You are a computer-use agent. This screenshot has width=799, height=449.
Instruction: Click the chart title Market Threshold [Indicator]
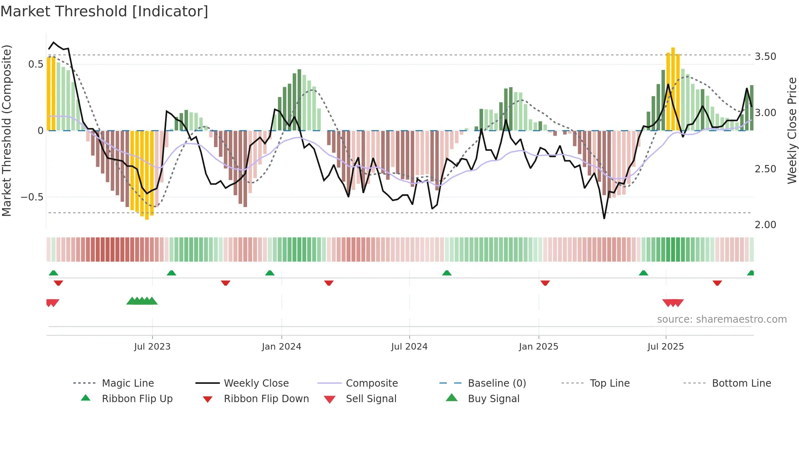tap(104, 11)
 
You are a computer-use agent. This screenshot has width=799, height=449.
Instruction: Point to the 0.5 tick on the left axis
tap(35, 64)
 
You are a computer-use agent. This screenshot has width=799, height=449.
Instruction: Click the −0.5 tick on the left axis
tap(32, 197)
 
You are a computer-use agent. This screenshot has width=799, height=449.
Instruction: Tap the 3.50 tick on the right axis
tap(765, 57)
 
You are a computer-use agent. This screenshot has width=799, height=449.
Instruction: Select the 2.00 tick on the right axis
tap(765, 225)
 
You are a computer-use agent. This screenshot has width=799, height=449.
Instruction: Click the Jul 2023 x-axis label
tap(152, 347)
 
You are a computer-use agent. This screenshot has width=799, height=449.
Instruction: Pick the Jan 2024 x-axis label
tap(281, 347)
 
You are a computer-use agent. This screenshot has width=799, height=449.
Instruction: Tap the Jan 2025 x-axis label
tap(538, 347)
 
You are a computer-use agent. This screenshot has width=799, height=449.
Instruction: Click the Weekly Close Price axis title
tap(792, 130)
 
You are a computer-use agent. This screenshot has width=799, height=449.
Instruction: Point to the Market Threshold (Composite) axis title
tap(7, 130)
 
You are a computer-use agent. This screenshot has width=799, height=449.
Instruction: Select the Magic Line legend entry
tap(128, 383)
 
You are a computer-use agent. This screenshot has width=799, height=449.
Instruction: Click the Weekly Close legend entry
tap(256, 383)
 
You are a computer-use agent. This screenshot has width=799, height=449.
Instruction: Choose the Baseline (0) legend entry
tap(497, 383)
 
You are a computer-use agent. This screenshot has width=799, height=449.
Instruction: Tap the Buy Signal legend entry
tap(493, 399)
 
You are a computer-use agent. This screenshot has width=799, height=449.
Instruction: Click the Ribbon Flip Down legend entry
tap(266, 399)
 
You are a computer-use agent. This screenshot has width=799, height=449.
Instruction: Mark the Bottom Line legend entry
tap(741, 383)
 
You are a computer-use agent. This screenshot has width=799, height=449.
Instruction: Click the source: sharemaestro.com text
tap(722, 319)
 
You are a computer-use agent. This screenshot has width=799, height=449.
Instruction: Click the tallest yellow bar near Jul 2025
tap(673, 90)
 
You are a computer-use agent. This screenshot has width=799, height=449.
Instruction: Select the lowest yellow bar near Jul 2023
tap(147, 175)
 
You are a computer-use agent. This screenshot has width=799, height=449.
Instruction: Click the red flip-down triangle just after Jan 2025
tap(545, 283)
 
